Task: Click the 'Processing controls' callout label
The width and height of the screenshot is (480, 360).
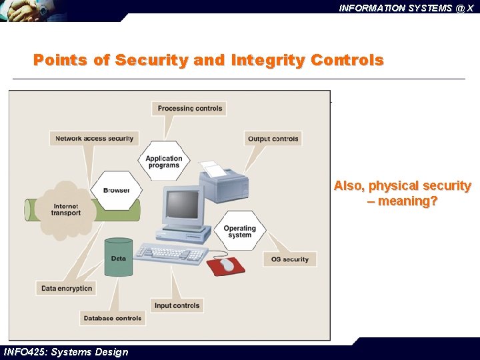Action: tap(190, 108)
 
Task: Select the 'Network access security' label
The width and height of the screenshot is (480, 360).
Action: tap(94, 139)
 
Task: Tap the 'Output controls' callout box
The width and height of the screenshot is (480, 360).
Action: tap(273, 139)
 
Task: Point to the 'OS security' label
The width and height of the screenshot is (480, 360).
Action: tap(290, 259)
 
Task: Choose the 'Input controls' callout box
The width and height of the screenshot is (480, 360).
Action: tap(177, 305)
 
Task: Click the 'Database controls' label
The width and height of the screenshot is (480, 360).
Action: tap(113, 318)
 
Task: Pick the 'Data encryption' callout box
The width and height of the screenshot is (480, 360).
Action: tap(67, 288)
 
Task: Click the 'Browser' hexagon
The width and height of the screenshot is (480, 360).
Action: tap(116, 191)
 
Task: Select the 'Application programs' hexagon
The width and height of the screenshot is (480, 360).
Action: tap(164, 162)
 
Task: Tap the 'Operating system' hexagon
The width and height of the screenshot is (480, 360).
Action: tap(239, 231)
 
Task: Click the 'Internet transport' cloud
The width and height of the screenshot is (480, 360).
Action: tap(66, 209)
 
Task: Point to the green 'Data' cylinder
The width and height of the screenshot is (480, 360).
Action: tap(119, 258)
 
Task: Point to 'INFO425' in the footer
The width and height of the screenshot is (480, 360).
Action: tap(24, 352)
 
